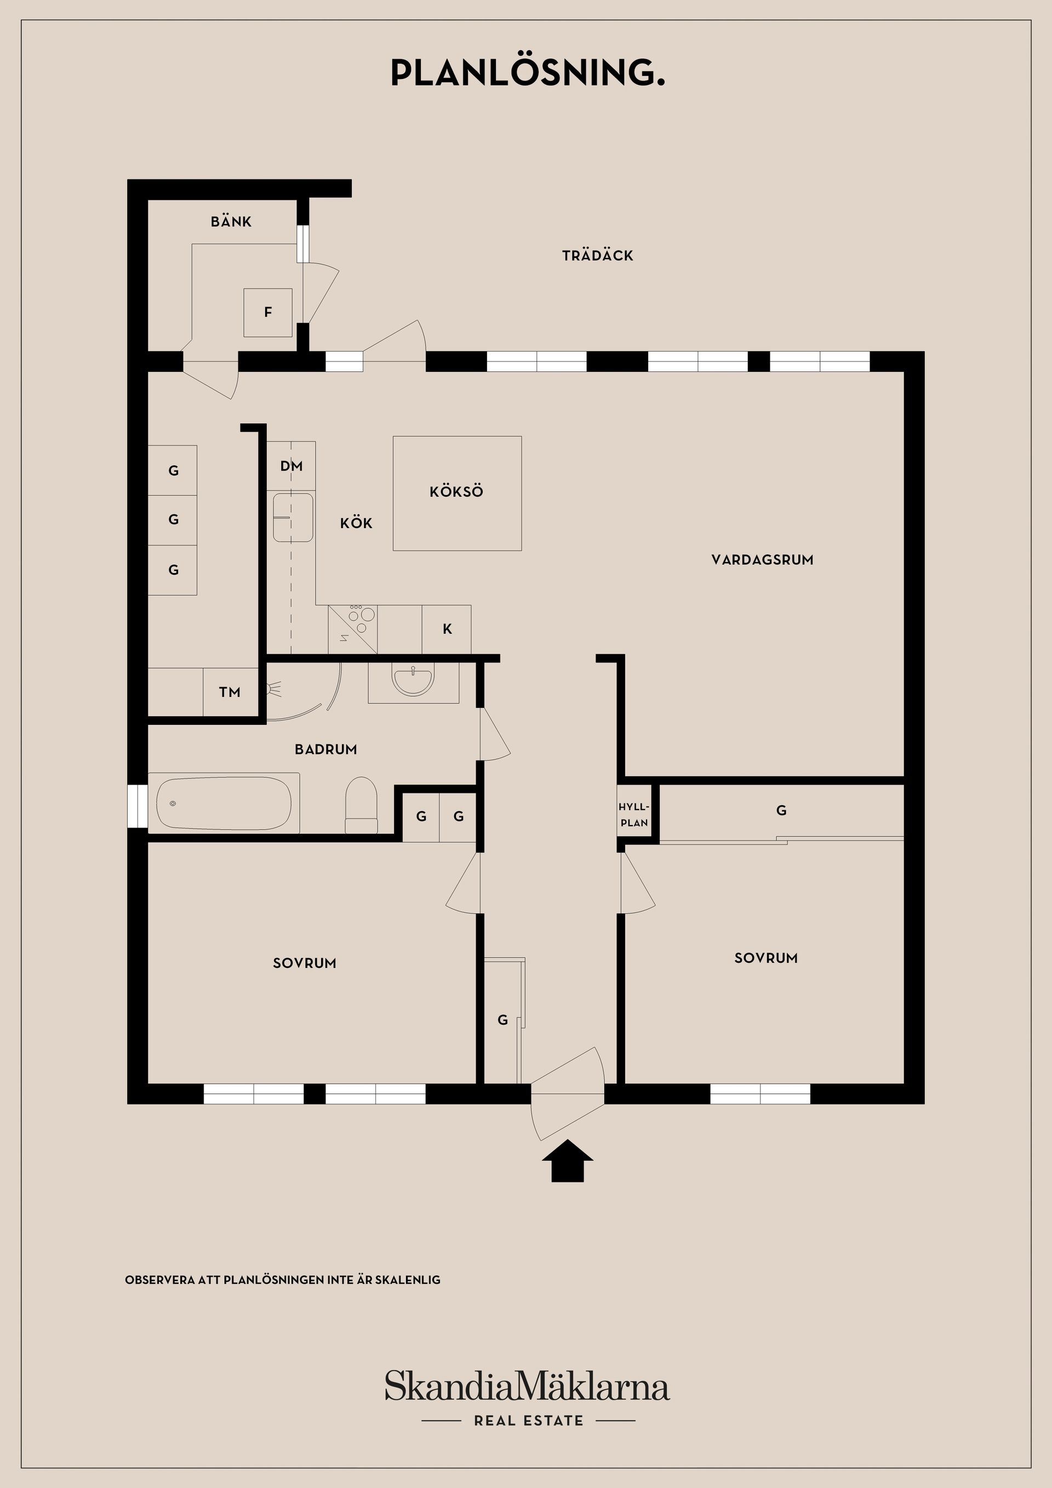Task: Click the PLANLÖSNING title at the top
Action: click(528, 73)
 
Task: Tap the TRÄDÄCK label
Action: click(597, 255)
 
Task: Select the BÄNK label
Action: click(231, 222)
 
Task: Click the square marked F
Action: click(268, 312)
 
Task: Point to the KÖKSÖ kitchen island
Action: click(457, 493)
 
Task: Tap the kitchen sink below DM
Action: click(293, 517)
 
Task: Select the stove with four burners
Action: click(353, 628)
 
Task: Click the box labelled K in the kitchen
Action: click(447, 628)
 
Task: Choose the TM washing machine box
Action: click(230, 692)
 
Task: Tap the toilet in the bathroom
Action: click(361, 805)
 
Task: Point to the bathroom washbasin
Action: click(412, 681)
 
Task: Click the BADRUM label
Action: click(325, 749)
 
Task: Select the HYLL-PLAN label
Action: click(633, 815)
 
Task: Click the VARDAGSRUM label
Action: click(762, 560)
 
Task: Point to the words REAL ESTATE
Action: click(528, 1421)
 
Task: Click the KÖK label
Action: click(356, 523)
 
